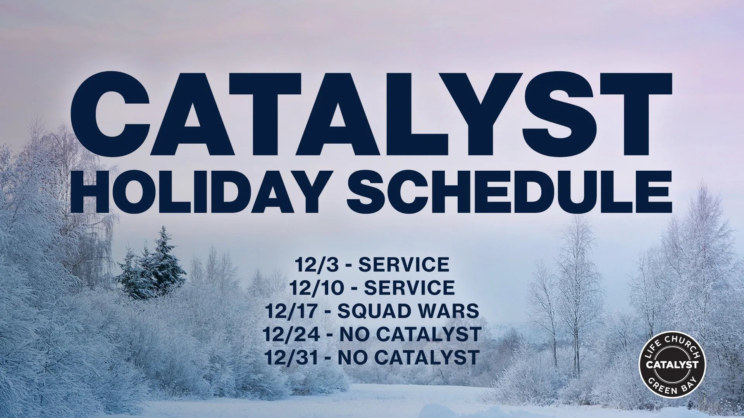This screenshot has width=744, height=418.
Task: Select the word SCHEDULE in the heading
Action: [x=509, y=192]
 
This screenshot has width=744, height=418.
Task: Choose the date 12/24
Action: [x=291, y=334]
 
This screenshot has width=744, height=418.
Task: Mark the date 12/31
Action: [x=292, y=357]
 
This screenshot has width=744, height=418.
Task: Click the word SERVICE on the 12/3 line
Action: [x=403, y=265]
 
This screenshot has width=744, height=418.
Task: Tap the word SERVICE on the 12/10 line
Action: [x=409, y=288]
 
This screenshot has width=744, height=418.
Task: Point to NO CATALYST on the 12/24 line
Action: [x=410, y=334]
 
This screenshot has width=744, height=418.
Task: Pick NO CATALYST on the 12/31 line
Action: [x=408, y=357]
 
